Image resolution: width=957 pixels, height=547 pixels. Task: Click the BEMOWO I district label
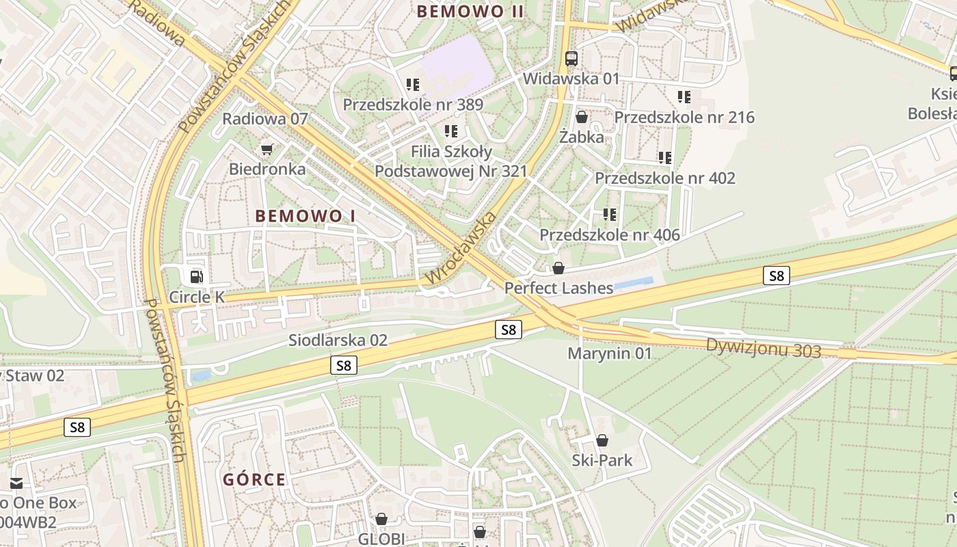point(306,216)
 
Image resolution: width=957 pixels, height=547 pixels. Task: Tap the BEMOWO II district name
point(470,12)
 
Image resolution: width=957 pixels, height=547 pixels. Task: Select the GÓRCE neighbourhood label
point(254,479)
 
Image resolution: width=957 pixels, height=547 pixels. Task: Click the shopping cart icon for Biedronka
point(267,149)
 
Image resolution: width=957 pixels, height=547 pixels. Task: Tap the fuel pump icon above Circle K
point(196,276)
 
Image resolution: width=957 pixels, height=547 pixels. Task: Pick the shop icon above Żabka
point(581,118)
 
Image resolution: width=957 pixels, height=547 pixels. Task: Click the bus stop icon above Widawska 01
point(571,59)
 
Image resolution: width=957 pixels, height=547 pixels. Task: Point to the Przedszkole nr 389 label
point(413,105)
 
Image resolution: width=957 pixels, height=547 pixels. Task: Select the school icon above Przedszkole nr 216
point(684,97)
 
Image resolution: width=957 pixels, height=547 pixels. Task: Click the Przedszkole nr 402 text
point(664,178)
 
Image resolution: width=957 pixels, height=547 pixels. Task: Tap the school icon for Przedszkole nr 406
point(610,215)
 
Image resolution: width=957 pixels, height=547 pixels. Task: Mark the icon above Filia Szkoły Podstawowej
point(451,131)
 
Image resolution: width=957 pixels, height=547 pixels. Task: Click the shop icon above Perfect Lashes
point(558,268)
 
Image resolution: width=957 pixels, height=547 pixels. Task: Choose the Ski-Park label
point(602,460)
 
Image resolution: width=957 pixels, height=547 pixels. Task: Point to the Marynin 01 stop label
point(610,353)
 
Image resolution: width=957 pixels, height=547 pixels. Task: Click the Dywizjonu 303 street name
point(764,348)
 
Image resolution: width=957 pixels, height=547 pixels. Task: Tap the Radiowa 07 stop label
point(265,119)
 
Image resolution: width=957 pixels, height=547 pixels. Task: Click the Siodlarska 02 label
point(338,340)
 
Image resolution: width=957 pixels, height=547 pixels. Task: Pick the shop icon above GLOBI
point(381,520)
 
